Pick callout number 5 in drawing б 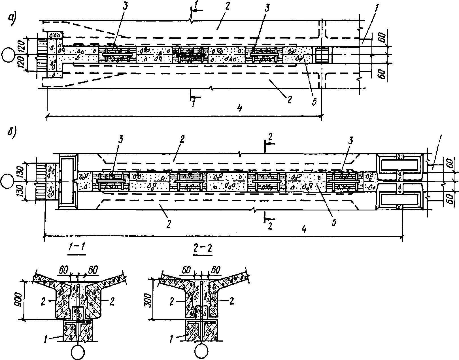click(334, 221)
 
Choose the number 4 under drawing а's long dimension click(240, 108)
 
